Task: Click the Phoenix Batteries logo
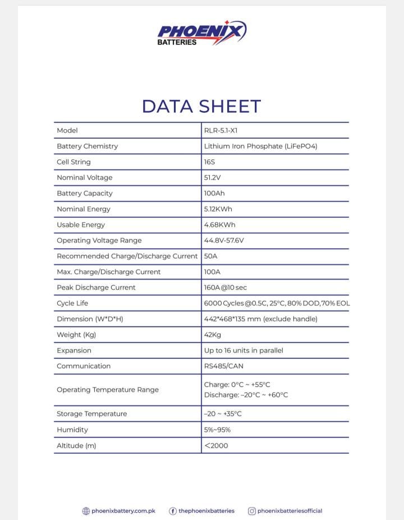[201, 33]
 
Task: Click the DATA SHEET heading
[201, 106]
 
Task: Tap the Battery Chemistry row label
[87, 146]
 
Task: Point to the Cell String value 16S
[210, 162]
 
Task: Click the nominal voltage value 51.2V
[213, 177]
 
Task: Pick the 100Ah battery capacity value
[214, 193]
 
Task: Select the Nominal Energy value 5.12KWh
[218, 209]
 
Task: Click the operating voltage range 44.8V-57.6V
[224, 240]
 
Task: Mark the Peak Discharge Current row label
[96, 288]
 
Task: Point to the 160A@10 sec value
[226, 288]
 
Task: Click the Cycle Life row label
[72, 303]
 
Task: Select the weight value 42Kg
[213, 335]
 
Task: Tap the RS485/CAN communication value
[224, 366]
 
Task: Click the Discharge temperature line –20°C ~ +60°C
[246, 395]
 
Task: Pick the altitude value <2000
[216, 446]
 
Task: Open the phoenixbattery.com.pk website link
[123, 511]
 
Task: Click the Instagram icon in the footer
[252, 511]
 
